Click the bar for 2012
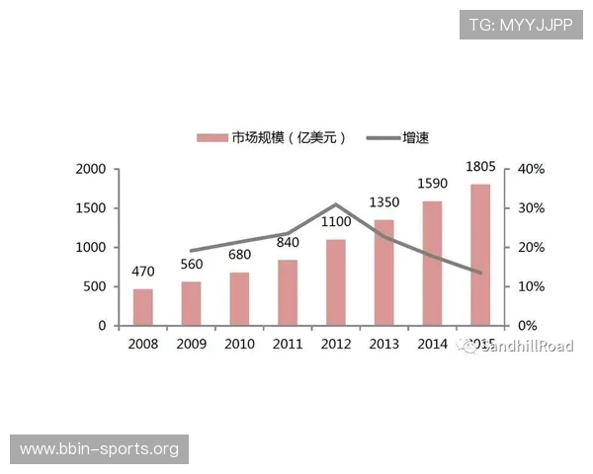click(335, 282)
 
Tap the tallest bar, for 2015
click(480, 255)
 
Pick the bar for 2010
click(239, 298)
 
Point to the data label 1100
click(335, 223)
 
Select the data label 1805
click(480, 167)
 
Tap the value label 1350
click(383, 203)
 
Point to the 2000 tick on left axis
click(90, 169)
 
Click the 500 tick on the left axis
click(95, 286)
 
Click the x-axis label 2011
click(288, 344)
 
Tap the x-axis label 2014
click(432, 344)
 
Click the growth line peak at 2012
click(335, 204)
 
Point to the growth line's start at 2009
click(191, 251)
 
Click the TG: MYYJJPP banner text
click(521, 23)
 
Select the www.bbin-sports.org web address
click(99, 449)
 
